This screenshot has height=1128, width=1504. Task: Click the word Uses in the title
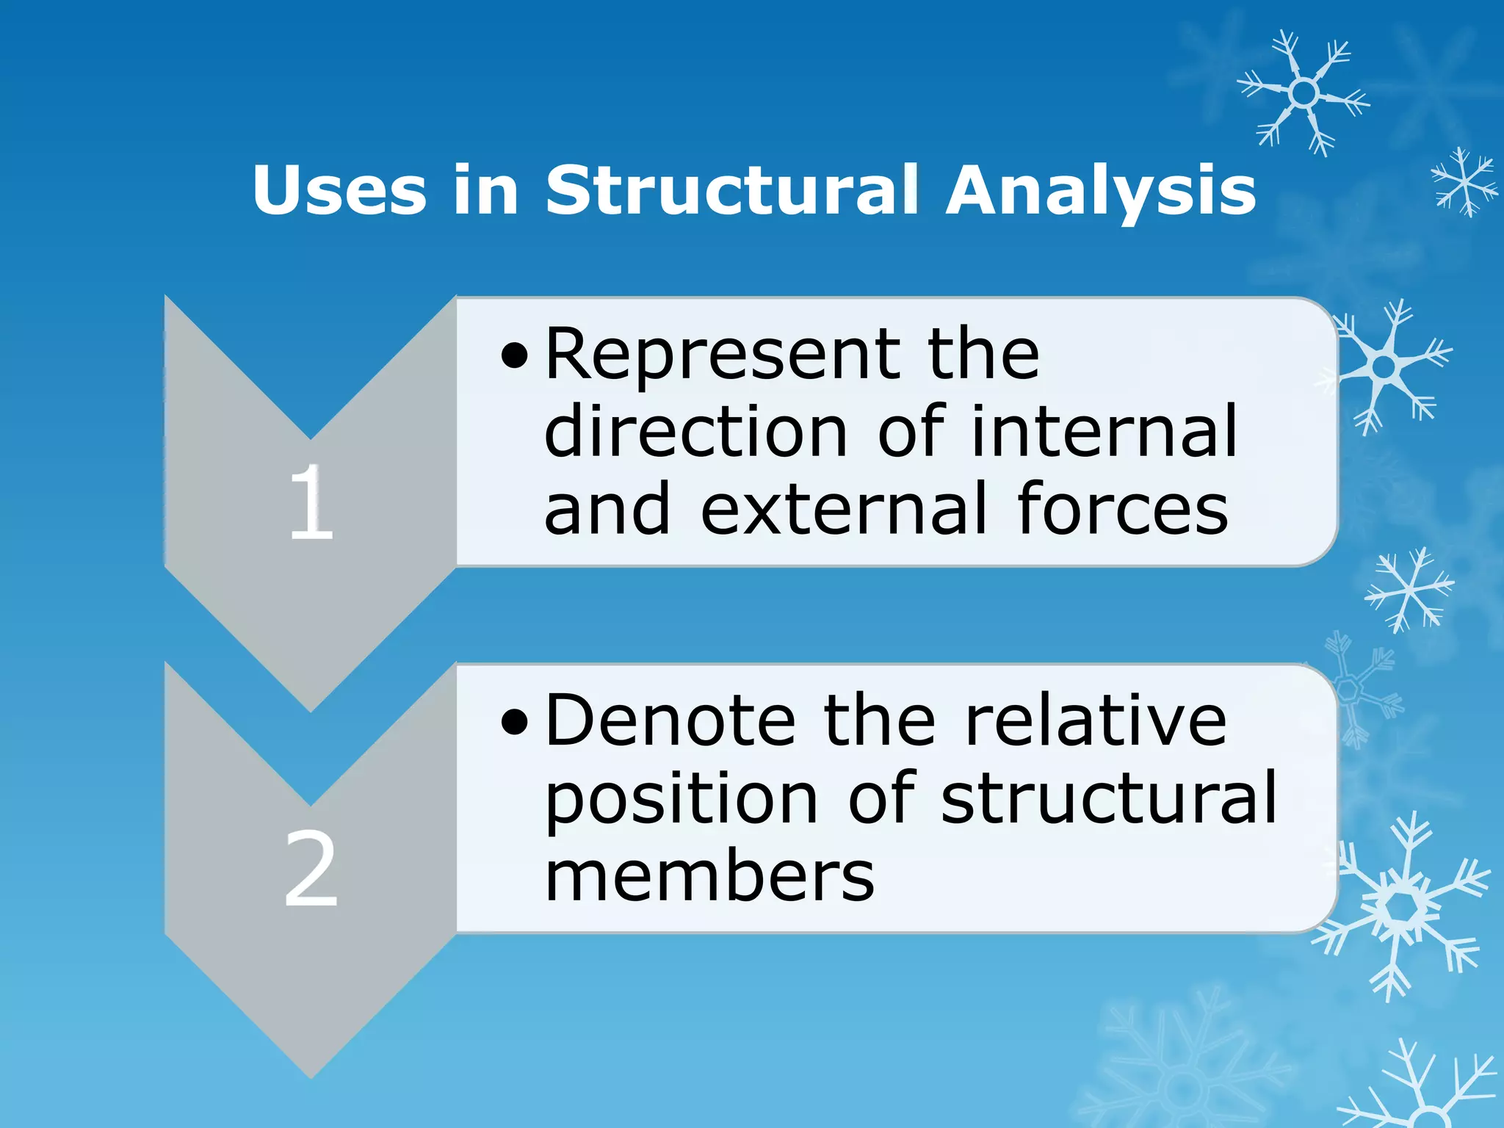click(x=339, y=190)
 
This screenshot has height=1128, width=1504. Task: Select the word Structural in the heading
click(x=731, y=190)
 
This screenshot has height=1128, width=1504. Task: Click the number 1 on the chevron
click(x=311, y=503)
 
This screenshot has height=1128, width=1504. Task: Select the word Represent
click(x=722, y=355)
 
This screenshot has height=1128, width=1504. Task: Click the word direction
click(x=695, y=432)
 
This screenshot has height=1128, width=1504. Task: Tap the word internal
click(x=1104, y=432)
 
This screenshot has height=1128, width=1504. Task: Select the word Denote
click(x=670, y=721)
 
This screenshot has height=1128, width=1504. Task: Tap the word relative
click(x=1095, y=721)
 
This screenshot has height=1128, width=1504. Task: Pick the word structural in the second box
click(x=1109, y=798)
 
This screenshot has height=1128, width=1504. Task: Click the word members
click(x=709, y=877)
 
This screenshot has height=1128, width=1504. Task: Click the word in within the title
click(x=485, y=190)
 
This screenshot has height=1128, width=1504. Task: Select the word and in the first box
click(x=607, y=509)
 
